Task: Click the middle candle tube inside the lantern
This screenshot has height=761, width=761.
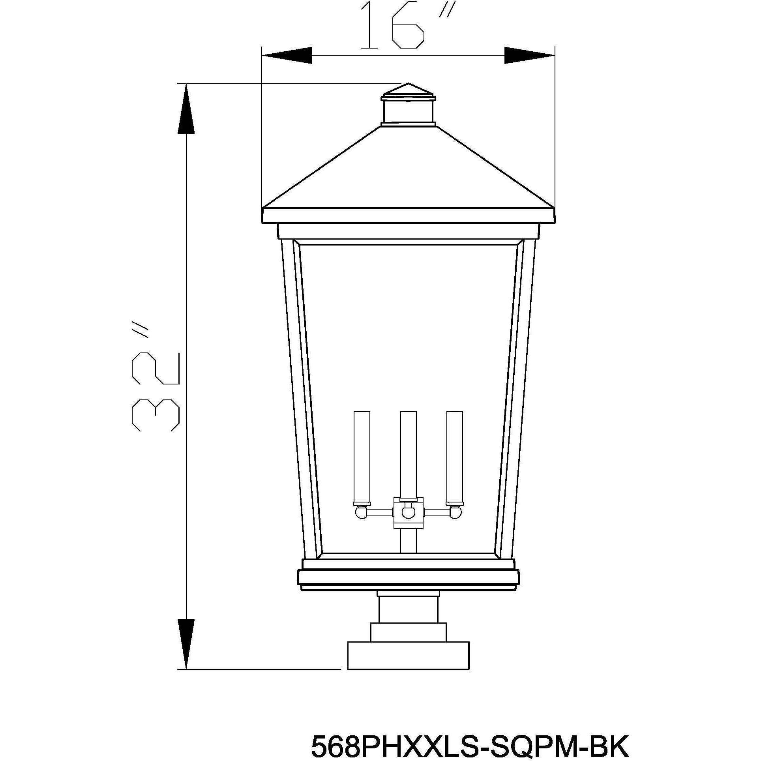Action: (408, 454)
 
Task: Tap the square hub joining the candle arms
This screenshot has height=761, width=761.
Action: (408, 513)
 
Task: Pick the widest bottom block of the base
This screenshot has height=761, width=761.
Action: (408, 655)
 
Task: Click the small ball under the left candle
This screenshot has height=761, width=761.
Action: (360, 513)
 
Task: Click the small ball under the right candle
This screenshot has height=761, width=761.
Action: (456, 513)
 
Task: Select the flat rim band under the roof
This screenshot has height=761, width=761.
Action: (408, 216)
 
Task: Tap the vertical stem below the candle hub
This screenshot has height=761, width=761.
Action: (408, 542)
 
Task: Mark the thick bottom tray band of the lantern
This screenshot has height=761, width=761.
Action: (408, 577)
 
